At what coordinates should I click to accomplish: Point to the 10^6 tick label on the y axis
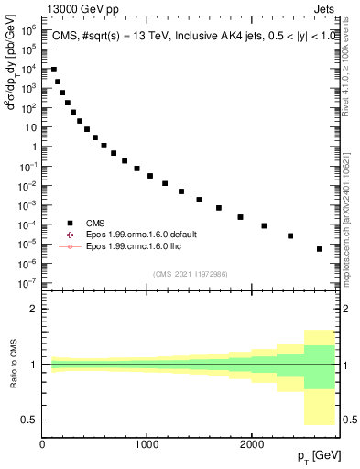coord(28,30)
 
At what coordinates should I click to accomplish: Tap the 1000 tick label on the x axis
coord(147,445)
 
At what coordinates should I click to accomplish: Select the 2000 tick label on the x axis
coord(251,445)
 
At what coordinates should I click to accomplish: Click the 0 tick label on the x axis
coord(42,445)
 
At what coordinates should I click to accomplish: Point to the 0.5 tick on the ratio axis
coord(27,420)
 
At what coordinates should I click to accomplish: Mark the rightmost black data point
coord(319,249)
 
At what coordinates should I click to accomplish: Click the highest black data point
coord(54,70)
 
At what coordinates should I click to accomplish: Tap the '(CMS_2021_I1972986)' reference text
coord(191,274)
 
